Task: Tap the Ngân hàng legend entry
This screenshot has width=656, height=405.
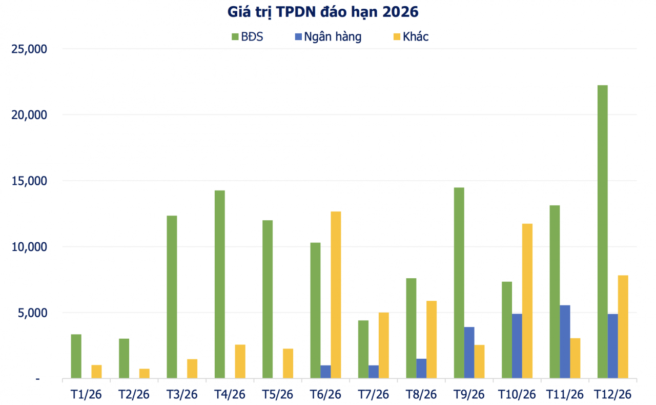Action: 327,37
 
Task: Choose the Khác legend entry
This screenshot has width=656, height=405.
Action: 409,37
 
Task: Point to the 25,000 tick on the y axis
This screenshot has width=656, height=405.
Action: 29,49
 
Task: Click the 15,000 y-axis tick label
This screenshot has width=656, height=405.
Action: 29,181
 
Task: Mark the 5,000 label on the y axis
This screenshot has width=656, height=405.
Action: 32,313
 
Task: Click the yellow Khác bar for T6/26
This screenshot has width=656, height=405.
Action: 336,295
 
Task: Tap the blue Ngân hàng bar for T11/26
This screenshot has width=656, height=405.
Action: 565,342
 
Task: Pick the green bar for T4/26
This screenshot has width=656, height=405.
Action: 219,284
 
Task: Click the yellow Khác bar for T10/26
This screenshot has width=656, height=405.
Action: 527,301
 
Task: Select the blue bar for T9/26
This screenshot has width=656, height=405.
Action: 469,353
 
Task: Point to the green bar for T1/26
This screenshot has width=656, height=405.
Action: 76,356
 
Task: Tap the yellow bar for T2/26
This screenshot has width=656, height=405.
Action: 145,374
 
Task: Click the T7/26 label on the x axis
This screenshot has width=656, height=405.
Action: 374,394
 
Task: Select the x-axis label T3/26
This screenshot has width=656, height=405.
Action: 182,394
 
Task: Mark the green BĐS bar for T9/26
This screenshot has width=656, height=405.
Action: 459,283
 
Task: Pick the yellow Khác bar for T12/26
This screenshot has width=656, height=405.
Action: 623,327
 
